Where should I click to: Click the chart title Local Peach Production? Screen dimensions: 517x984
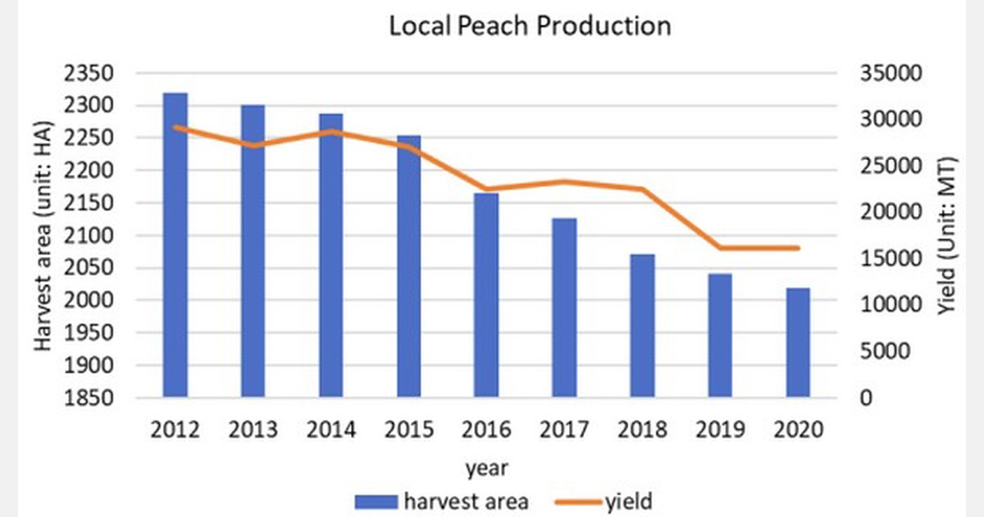(530, 25)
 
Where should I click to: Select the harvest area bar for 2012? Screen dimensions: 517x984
(175, 245)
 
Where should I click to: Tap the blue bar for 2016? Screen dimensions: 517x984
(486, 295)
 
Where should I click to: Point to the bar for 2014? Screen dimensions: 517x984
(330, 255)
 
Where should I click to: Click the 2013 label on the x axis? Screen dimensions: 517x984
(253, 429)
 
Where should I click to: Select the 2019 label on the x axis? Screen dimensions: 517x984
(720, 429)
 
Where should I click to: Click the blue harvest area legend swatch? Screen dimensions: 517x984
(376, 501)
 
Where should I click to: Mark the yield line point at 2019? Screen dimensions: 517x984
(720, 248)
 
